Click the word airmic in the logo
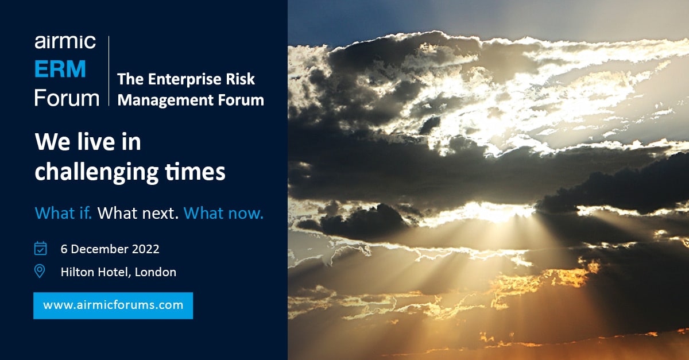[x=64, y=42]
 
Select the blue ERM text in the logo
[x=60, y=69]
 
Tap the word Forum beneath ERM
[x=67, y=97]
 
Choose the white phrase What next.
[x=138, y=214]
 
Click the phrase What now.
[x=223, y=214]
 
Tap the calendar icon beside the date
[x=40, y=249]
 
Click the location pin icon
[x=40, y=271]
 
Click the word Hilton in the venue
[x=76, y=272]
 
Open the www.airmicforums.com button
[x=113, y=305]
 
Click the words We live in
[x=88, y=142]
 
